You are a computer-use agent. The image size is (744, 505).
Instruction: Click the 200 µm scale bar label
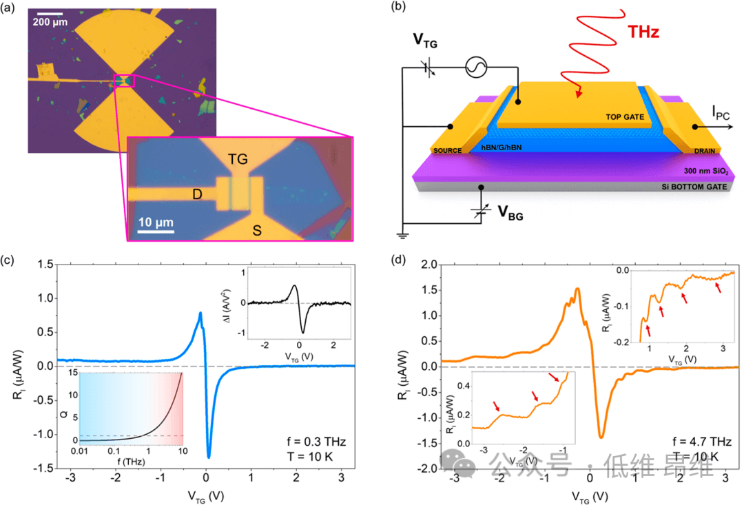(x=50, y=21)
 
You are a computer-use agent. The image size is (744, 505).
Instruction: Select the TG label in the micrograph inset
(x=238, y=160)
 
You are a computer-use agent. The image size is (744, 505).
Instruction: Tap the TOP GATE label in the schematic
(x=623, y=118)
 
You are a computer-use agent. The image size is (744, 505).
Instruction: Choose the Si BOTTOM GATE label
(x=689, y=187)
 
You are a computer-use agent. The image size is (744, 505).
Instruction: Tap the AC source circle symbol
(x=477, y=67)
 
